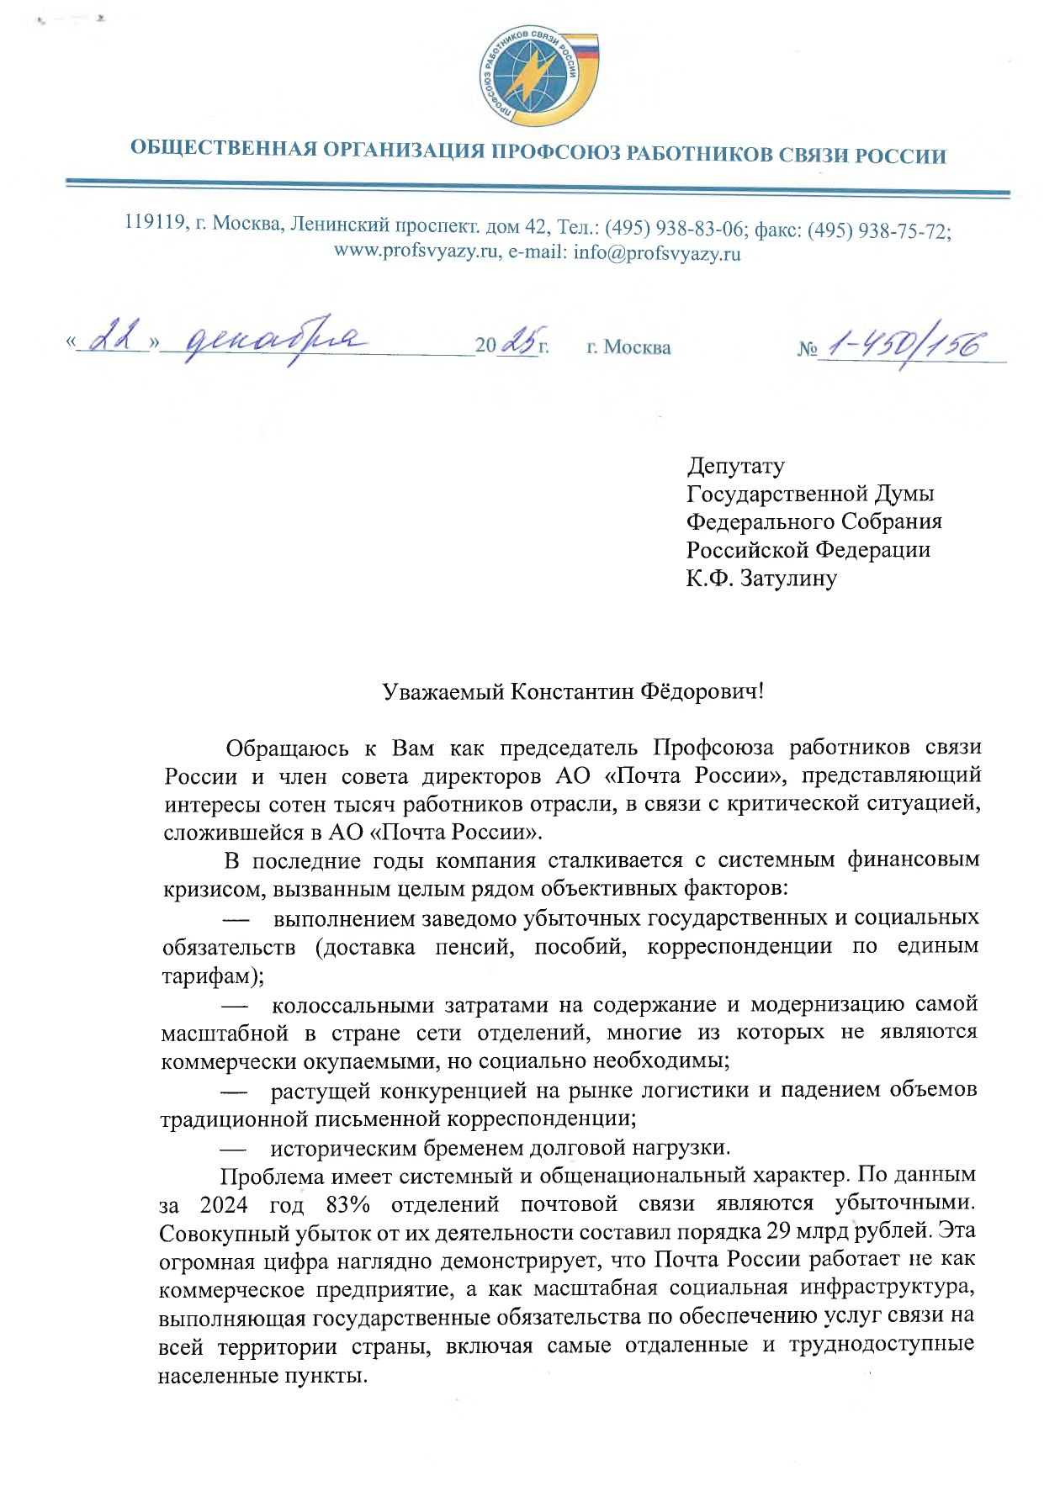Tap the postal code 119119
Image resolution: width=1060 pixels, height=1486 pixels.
pos(155,223)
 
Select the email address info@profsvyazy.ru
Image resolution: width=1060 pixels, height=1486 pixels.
pos(657,253)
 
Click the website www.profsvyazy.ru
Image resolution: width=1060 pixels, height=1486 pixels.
pos(416,252)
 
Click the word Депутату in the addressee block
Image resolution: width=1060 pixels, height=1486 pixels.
pos(735,466)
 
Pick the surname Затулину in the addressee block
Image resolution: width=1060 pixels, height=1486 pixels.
pos(788,579)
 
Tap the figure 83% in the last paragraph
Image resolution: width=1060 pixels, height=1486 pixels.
pos(347,1205)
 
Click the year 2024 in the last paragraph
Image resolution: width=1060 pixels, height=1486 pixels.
pos(223,1205)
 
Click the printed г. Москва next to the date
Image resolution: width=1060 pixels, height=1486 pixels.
pos(628,347)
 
